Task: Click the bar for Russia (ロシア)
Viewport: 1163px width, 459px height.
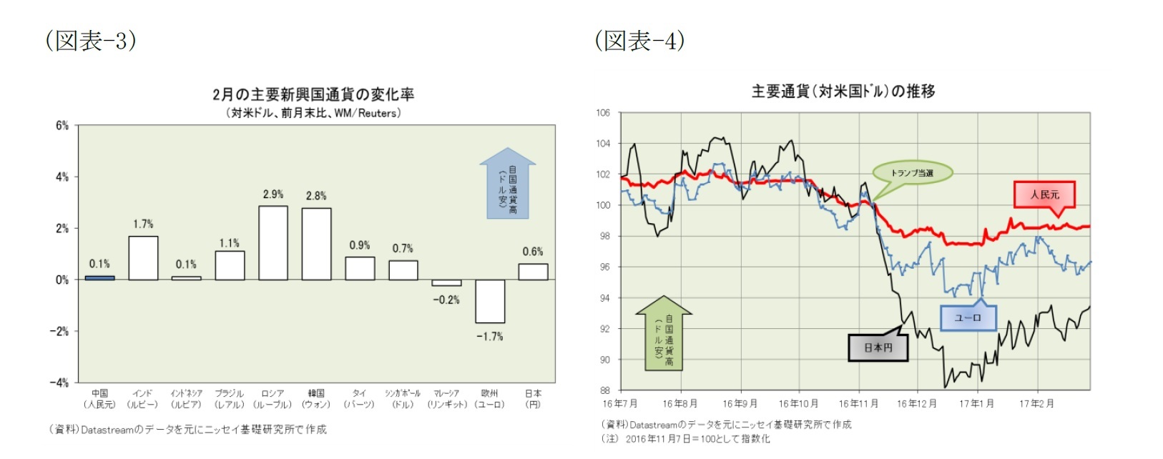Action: coord(273,243)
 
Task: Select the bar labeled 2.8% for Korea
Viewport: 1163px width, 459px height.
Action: coord(316,244)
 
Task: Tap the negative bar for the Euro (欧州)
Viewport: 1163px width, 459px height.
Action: coord(490,301)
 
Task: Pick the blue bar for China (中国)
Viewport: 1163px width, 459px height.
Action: coord(99,277)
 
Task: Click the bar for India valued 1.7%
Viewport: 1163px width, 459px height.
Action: coord(143,258)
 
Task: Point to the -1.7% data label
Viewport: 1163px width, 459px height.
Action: coord(490,336)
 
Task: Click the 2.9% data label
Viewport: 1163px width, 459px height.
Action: coord(273,194)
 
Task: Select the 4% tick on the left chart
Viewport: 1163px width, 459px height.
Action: coord(62,177)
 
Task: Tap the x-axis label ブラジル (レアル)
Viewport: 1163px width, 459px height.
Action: coord(230,399)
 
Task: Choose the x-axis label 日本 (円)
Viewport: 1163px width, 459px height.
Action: coord(533,399)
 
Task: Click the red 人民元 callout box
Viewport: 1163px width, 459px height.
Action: coord(1044,194)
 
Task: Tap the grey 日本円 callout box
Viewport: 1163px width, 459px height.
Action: coord(878,347)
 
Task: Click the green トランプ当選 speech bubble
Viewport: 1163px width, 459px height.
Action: coord(912,173)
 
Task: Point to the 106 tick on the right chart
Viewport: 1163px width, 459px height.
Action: coord(603,113)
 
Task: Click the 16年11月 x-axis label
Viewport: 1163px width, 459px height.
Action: coord(858,404)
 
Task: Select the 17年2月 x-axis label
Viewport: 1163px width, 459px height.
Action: coord(1036,404)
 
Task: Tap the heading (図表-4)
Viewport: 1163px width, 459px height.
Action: coord(639,40)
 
